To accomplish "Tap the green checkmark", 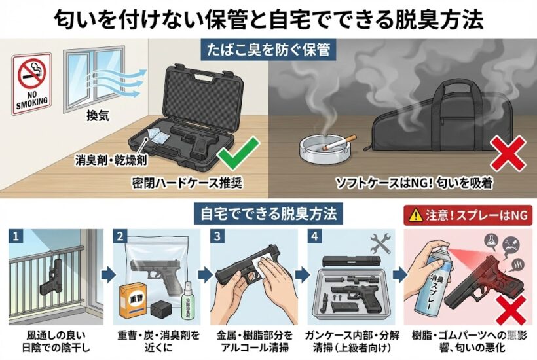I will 236,156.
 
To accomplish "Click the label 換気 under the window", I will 97,115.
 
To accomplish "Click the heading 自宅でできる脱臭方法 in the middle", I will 268,213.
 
